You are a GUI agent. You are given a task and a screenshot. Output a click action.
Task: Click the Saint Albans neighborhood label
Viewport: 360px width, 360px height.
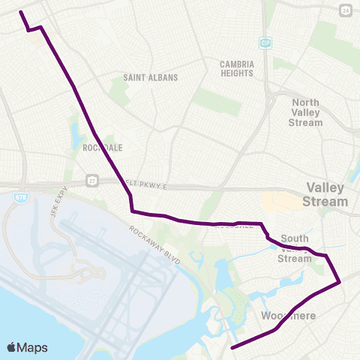(x=150, y=77)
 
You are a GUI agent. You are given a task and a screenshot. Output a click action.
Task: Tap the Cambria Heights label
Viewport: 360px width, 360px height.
(x=237, y=68)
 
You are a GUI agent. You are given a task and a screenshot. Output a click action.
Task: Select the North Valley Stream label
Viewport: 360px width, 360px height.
(x=306, y=112)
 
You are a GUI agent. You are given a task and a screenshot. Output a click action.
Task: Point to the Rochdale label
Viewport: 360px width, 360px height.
(x=103, y=148)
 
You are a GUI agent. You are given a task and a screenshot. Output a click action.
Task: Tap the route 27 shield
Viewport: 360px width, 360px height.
(x=91, y=181)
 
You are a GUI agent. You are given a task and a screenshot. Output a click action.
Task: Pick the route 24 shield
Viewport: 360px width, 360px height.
(x=344, y=10)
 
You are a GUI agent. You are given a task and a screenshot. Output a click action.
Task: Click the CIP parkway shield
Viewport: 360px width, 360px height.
(x=265, y=43)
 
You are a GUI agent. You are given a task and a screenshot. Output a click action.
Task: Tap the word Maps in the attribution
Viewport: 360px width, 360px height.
(x=34, y=347)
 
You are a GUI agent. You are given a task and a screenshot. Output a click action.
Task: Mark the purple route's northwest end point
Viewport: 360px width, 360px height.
(x=19, y=12)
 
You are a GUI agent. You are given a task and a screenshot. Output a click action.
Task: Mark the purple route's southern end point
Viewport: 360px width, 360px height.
(x=231, y=348)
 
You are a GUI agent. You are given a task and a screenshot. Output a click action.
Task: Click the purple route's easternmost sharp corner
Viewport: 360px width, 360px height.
(x=340, y=282)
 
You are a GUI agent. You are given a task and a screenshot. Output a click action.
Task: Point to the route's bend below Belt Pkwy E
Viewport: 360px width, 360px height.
(x=132, y=211)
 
